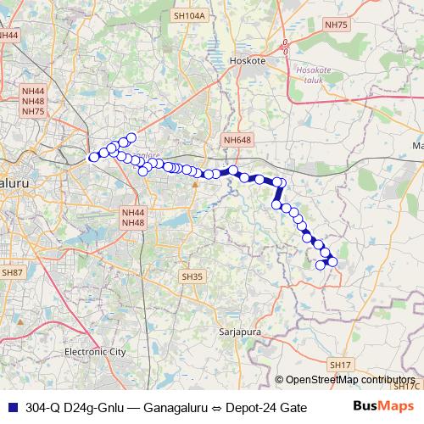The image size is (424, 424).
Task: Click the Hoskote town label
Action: tap(248, 61)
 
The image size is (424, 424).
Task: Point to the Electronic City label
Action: tap(95, 350)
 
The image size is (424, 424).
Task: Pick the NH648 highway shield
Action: tap(238, 139)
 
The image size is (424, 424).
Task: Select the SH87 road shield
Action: tap(12, 272)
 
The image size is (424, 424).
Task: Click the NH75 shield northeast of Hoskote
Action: tap(337, 25)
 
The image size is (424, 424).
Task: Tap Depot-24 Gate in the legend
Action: tap(265, 407)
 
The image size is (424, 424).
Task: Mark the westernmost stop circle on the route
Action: tap(93, 157)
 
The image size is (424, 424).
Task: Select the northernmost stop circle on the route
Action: tap(131, 137)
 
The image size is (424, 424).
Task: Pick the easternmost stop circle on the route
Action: tap(332, 261)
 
